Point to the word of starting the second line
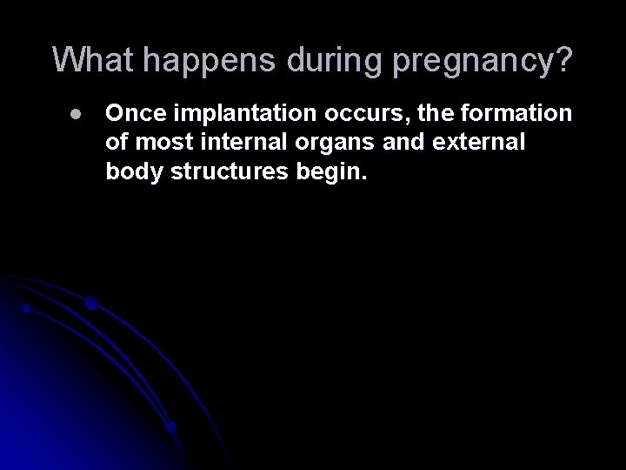tap(116, 143)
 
